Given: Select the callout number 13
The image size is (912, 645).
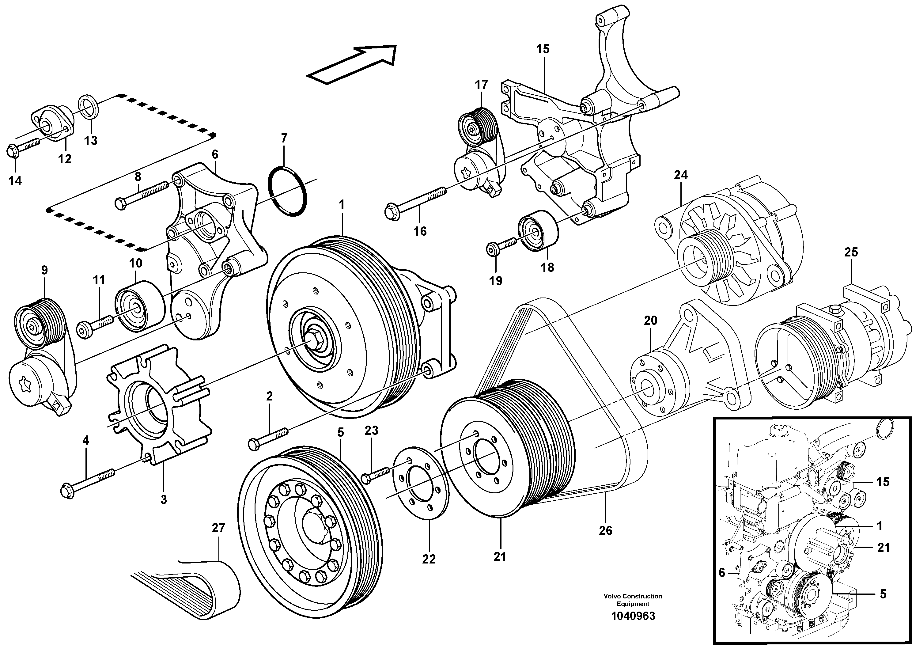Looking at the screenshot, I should (91, 140).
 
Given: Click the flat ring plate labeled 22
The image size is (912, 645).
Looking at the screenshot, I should (421, 483).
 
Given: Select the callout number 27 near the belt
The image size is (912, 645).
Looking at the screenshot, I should (218, 528).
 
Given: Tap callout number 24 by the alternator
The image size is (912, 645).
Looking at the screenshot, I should (680, 175).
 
